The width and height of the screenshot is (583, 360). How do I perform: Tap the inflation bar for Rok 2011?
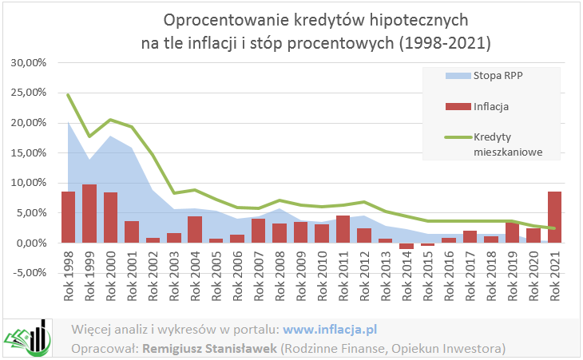coord(343,228)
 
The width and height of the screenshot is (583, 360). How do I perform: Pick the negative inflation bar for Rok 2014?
coord(407,246)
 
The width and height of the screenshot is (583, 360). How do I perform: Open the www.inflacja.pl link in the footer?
coord(330,328)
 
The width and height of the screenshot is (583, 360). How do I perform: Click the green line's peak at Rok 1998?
coord(68,94)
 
